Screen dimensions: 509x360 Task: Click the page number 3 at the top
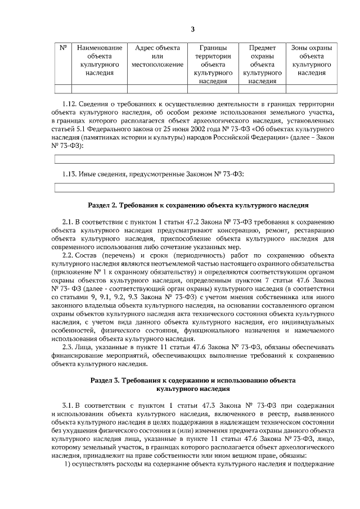click(192, 29)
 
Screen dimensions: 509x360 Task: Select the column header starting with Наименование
click(100, 61)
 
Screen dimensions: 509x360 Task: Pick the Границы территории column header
click(213, 65)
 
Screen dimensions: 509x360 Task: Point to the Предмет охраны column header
click(262, 65)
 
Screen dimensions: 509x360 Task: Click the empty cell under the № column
click(63, 88)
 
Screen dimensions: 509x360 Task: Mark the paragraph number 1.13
click(69, 174)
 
